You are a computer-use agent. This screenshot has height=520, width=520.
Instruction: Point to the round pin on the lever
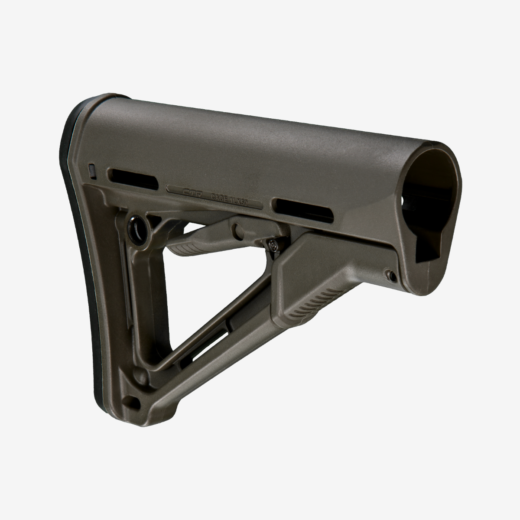point(238,229)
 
